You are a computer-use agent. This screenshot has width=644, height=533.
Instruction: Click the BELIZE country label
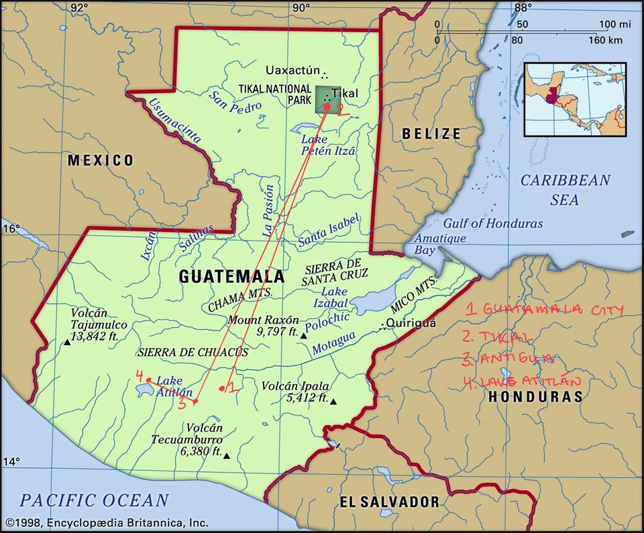431,134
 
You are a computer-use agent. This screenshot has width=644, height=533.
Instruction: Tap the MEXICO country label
100,160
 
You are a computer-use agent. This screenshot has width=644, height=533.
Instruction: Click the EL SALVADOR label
389,501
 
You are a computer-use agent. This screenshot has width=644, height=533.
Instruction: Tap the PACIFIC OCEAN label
94,500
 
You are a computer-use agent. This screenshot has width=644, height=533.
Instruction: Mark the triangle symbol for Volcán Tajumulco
67,343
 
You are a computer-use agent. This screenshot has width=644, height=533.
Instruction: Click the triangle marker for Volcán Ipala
333,402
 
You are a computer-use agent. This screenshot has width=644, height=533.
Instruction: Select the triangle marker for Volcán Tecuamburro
227,456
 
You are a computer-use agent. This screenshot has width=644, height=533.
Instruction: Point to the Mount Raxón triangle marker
303,335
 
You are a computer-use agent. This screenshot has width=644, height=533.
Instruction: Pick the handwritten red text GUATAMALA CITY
545,309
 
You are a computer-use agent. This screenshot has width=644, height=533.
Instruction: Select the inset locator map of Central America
575,100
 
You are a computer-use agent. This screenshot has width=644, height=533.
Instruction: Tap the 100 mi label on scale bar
615,25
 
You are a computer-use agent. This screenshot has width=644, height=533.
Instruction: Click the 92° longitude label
79,8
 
